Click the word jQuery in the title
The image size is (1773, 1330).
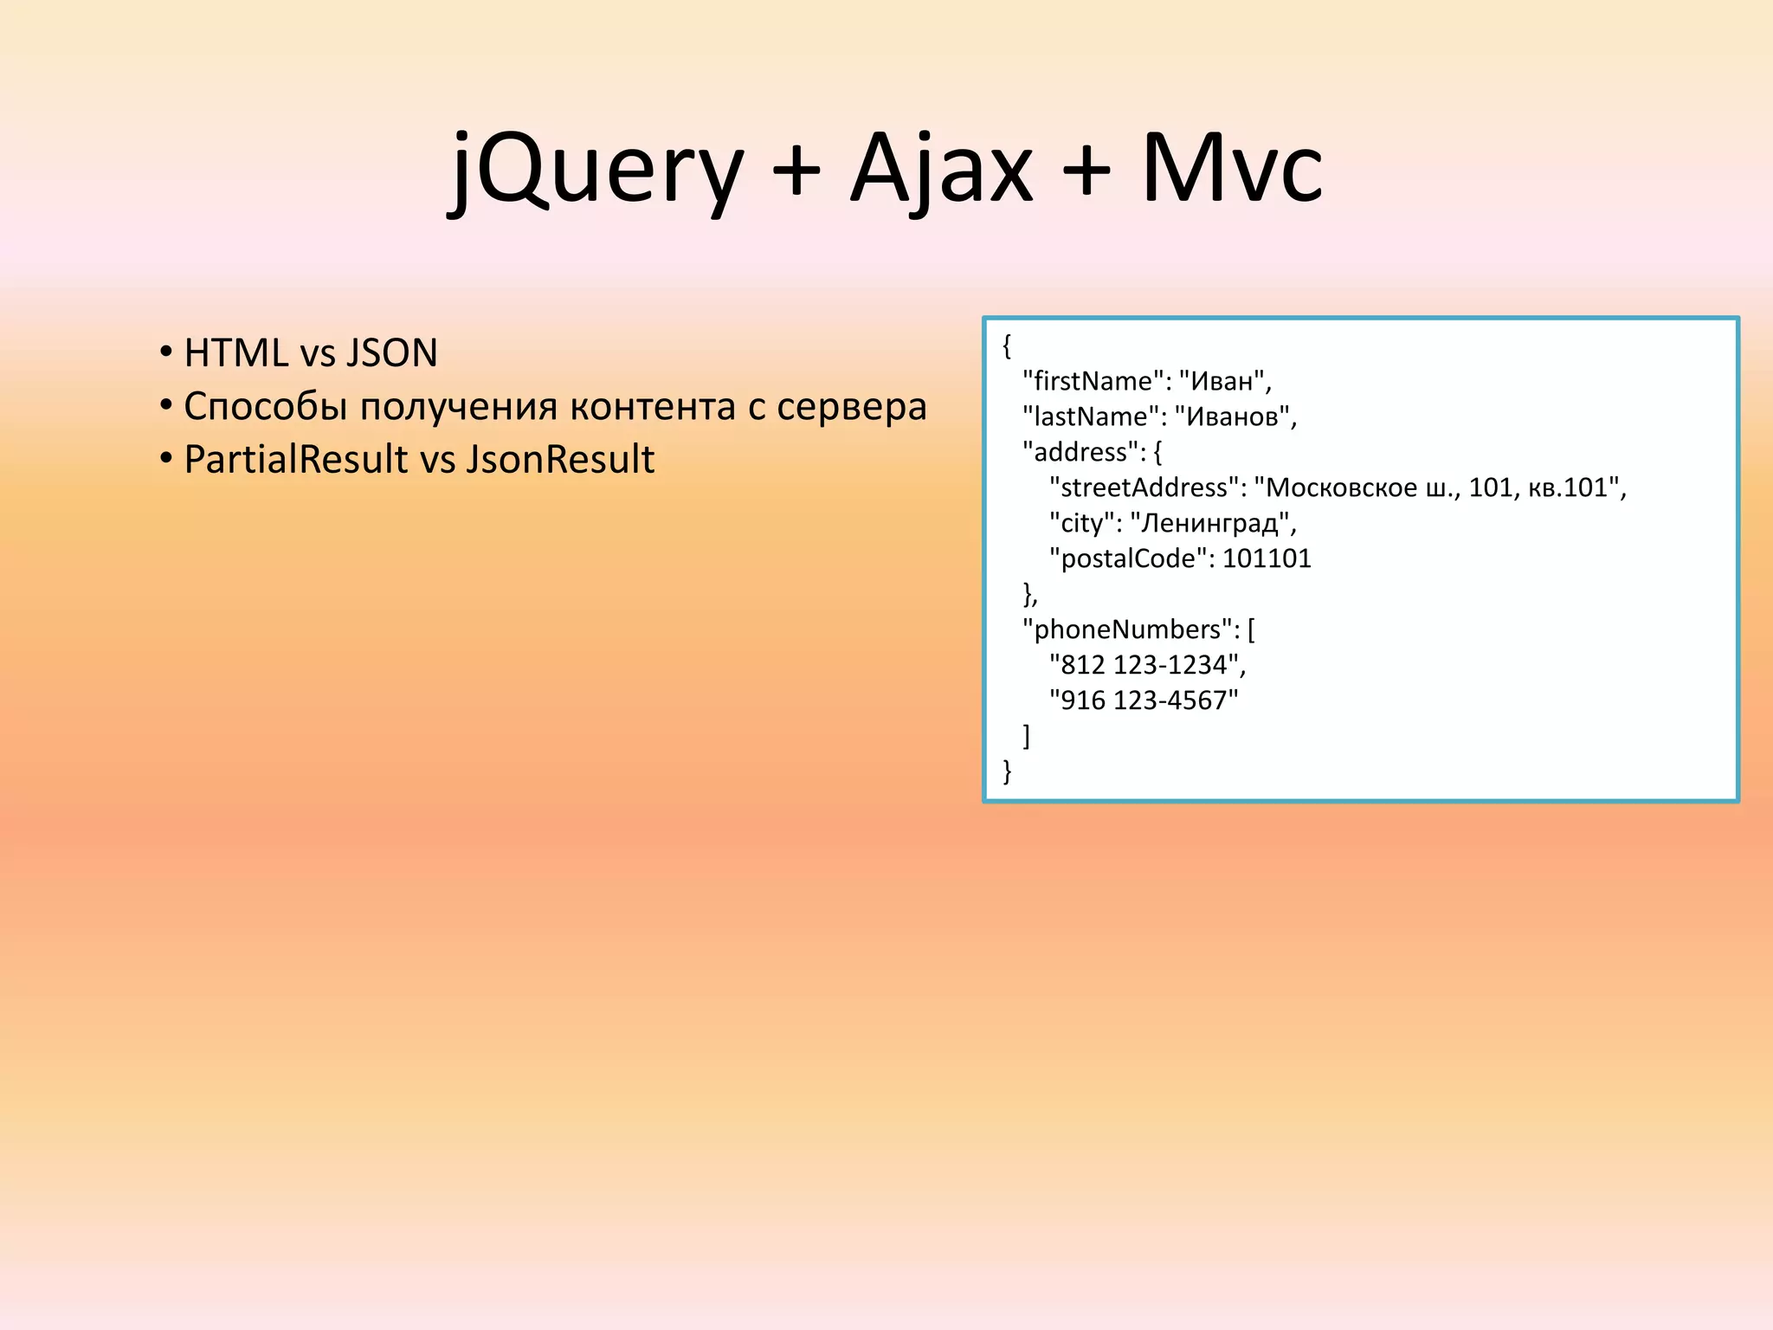pyautogui.click(x=596, y=169)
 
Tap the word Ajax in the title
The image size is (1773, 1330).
pyautogui.click(x=942, y=169)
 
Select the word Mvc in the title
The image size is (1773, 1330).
pyautogui.click(x=1232, y=169)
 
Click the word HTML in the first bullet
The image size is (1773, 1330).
pyautogui.click(x=235, y=353)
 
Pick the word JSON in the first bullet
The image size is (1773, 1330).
pyautogui.click(x=391, y=353)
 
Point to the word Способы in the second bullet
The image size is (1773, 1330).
pyautogui.click(x=265, y=407)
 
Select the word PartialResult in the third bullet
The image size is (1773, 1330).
pyautogui.click(x=295, y=459)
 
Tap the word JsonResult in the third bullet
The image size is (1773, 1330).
pyautogui.click(x=560, y=459)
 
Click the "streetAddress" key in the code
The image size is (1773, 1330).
pyautogui.click(x=1143, y=487)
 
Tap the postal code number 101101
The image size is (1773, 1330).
pyautogui.click(x=1267, y=558)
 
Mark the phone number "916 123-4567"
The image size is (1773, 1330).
pyautogui.click(x=1144, y=701)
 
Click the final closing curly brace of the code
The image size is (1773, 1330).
pyautogui.click(x=1007, y=771)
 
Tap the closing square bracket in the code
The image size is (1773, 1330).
pyautogui.click(x=1027, y=736)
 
